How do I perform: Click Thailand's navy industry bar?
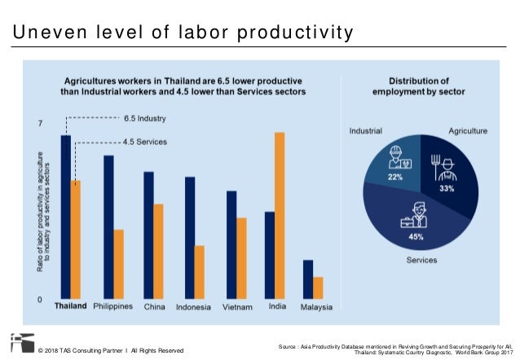(66, 216)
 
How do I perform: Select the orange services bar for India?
(280, 215)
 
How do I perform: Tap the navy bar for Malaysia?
(307, 279)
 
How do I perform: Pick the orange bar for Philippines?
(118, 264)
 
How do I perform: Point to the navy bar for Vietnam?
(231, 244)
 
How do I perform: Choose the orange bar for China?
(159, 251)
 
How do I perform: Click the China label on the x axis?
(154, 307)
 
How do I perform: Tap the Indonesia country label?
(194, 307)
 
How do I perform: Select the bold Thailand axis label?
(71, 307)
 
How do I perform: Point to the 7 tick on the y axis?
(42, 124)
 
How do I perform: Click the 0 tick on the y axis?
(42, 299)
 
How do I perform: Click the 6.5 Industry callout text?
(145, 117)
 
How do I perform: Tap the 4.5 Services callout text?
(145, 141)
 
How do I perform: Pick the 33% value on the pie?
(447, 188)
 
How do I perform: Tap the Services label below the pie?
(421, 261)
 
